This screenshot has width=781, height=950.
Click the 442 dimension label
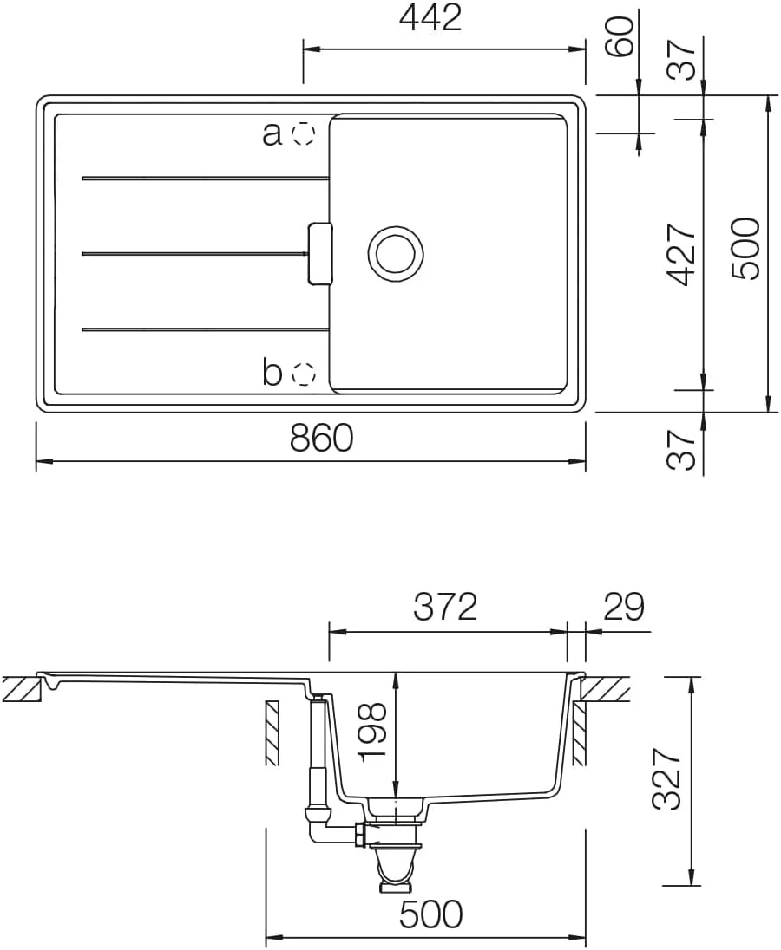[430, 18]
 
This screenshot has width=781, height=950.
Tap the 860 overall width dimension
[321, 438]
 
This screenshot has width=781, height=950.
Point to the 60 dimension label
[620, 37]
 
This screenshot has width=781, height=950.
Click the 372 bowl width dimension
[446, 607]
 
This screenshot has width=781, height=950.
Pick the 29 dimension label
[623, 607]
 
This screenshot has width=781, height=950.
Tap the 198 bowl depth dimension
[371, 732]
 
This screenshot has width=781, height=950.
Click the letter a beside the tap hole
[272, 133]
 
